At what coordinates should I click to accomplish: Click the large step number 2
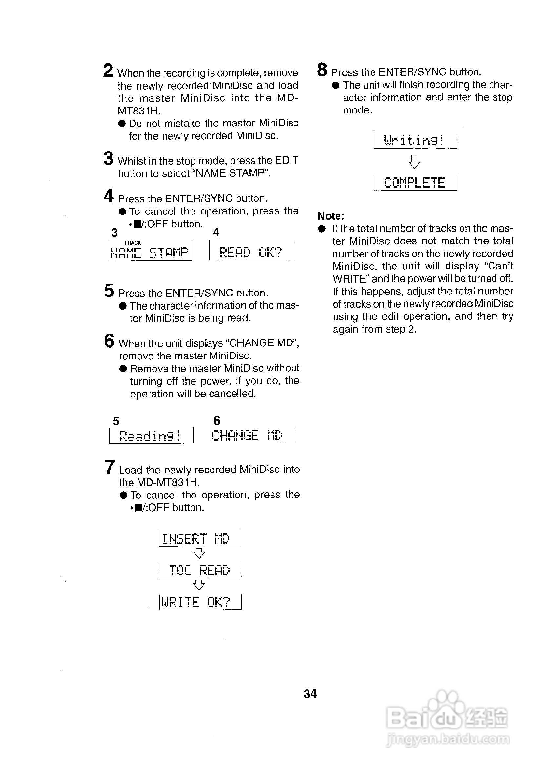pos(108,71)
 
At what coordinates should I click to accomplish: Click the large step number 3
pos(108,158)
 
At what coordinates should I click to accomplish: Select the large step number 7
pos(110,467)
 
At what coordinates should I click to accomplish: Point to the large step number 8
pos(322,70)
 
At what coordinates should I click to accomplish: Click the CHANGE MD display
pos(248,435)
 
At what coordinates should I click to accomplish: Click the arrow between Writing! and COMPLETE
pos(414,162)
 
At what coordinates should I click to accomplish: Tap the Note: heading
pos(331,216)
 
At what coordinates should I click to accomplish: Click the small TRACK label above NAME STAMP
pos(132,243)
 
